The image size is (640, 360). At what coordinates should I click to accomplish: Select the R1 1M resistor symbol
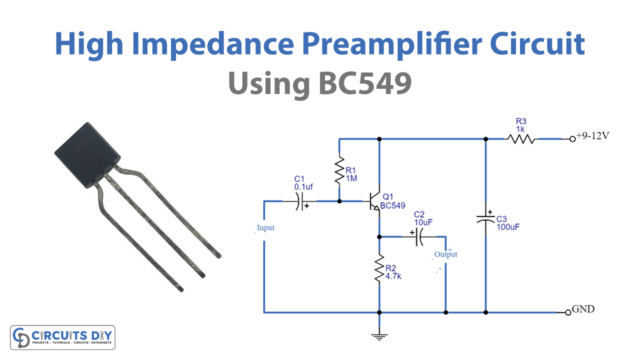(339, 169)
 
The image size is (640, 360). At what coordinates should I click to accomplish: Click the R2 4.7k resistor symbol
(379, 270)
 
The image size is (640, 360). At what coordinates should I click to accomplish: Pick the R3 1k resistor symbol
(521, 139)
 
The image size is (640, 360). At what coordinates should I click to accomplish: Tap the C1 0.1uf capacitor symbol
(300, 201)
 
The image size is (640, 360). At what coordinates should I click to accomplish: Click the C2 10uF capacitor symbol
(418, 236)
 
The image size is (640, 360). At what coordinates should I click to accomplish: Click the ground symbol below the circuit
(379, 336)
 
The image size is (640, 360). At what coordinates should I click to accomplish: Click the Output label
(445, 255)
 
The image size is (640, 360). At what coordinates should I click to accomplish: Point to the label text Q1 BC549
(400, 200)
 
